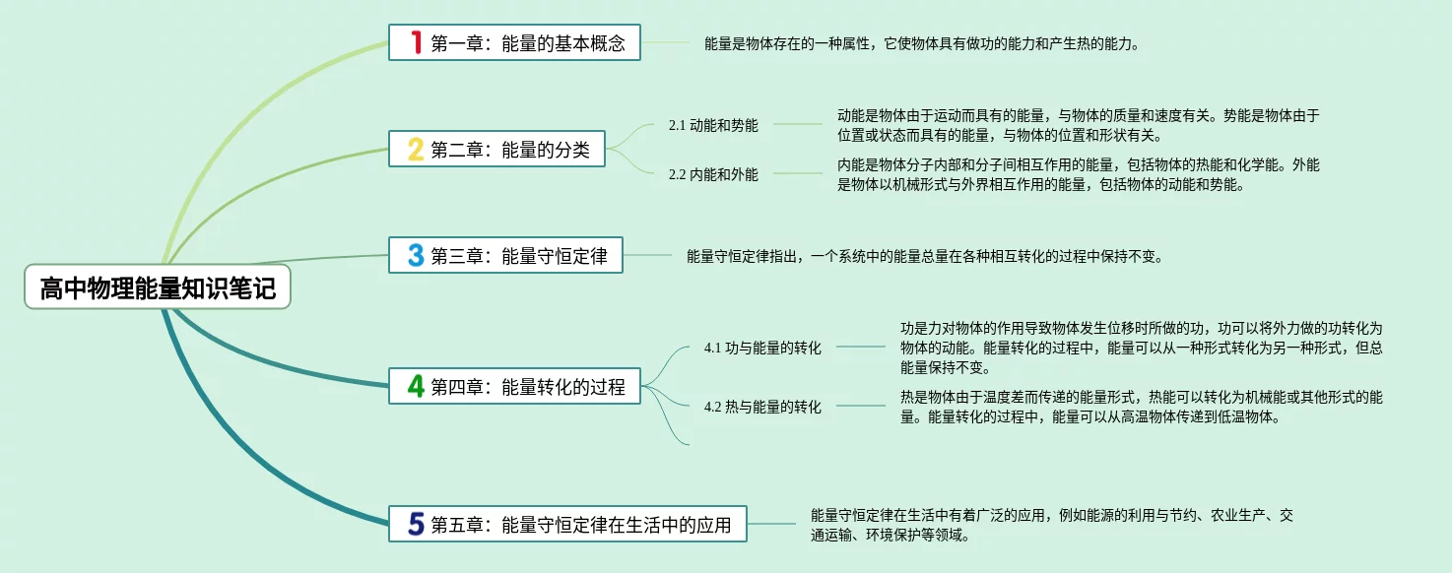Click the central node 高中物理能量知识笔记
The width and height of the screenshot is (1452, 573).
158,287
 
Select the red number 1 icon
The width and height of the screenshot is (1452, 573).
417,42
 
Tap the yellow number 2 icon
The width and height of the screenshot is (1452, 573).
417,150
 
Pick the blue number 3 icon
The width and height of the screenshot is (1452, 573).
417,256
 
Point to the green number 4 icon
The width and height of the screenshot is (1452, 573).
417,387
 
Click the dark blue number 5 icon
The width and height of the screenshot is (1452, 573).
417,525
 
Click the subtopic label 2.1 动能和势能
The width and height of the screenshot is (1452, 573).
713,125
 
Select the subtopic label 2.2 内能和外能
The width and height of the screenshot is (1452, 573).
713,174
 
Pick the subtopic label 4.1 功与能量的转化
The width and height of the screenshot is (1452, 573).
762,348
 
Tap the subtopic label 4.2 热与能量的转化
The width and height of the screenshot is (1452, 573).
762,407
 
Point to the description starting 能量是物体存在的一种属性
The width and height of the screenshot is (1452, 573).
922,43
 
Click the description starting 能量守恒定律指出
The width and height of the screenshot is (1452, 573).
925,256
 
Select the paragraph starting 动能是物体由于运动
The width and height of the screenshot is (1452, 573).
1078,125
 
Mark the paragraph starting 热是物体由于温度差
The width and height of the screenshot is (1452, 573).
1141,407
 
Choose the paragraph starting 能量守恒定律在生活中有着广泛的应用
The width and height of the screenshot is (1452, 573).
1051,525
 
